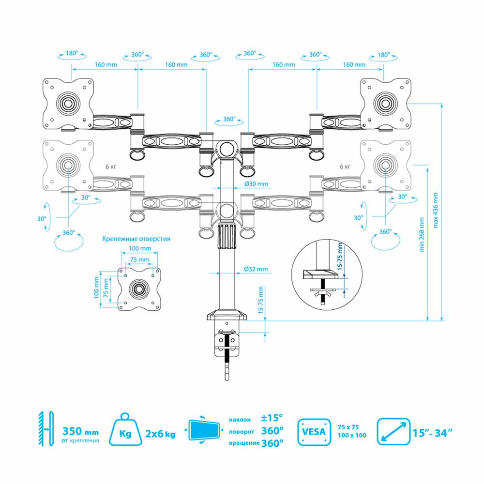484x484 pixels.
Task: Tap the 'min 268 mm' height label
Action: (x=422, y=235)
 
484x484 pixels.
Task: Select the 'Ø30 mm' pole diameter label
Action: (x=256, y=184)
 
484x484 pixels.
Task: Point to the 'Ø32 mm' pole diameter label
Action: (x=256, y=269)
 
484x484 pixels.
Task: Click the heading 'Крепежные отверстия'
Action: (x=136, y=239)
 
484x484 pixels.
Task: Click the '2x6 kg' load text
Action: (x=160, y=433)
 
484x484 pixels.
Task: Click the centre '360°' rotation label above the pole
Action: (x=228, y=119)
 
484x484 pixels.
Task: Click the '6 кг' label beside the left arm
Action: (x=110, y=166)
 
